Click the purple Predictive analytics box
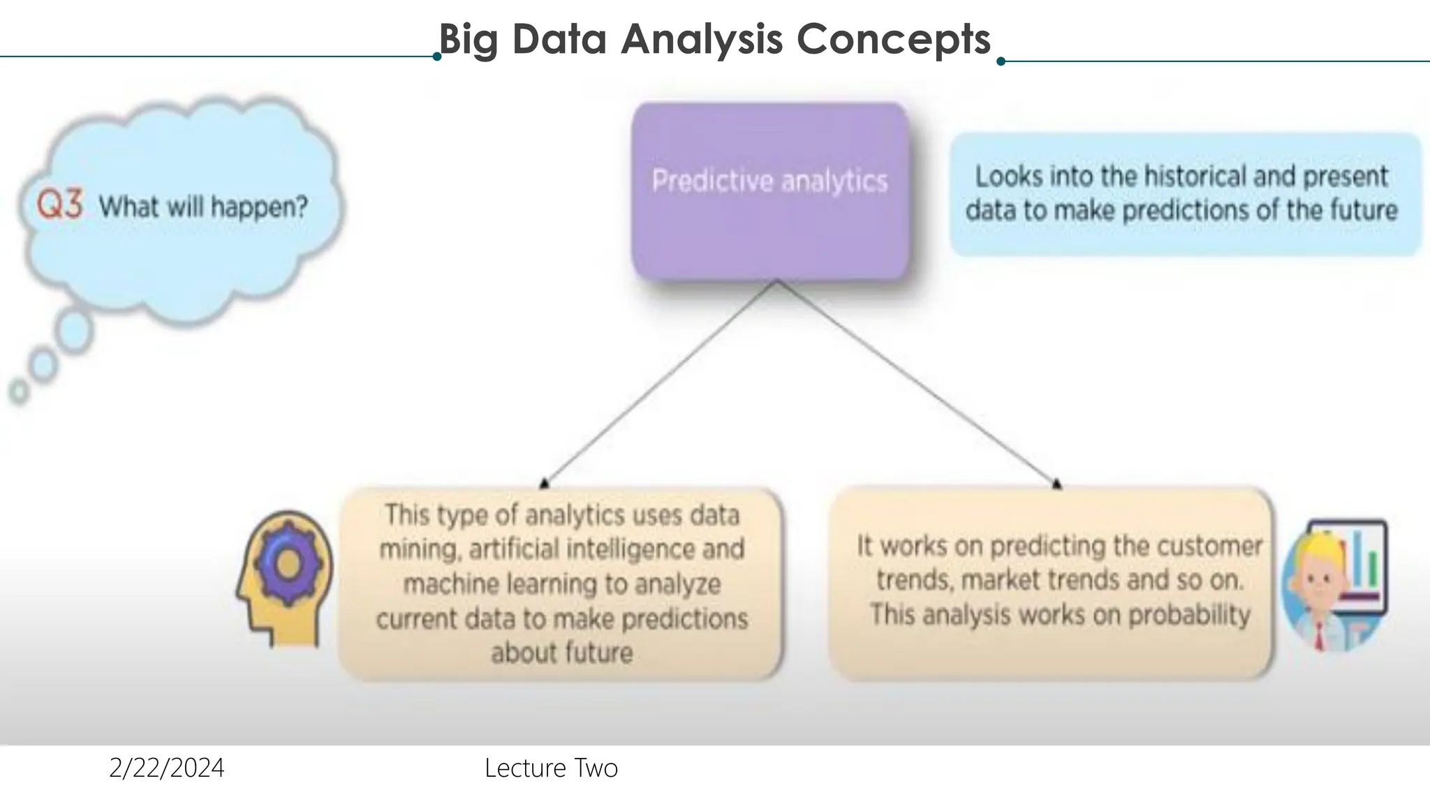pyautogui.click(x=770, y=192)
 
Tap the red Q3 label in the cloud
pyautogui.click(x=60, y=205)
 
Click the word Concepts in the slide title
pyautogui.click(x=893, y=39)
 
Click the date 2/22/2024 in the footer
pyautogui.click(x=167, y=768)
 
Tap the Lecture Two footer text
pyautogui.click(x=551, y=768)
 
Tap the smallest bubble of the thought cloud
pyautogui.click(x=19, y=392)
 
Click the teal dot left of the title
pyautogui.click(x=437, y=57)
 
